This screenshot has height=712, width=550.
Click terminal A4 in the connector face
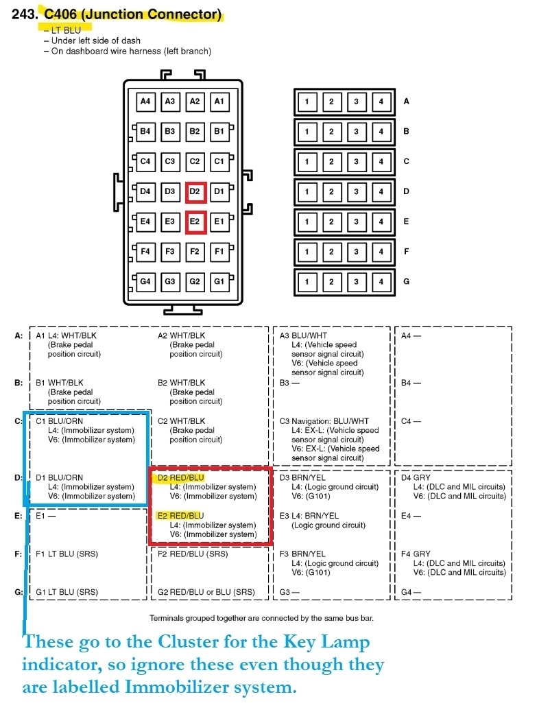coord(145,102)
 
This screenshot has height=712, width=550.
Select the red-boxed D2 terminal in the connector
coord(195,191)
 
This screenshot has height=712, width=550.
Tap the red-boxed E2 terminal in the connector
coord(195,222)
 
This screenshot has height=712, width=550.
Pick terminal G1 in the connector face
coord(219,281)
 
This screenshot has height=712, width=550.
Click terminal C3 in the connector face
coord(170,161)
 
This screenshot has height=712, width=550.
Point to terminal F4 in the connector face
coord(145,252)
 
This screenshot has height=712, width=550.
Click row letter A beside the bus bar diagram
coord(406,102)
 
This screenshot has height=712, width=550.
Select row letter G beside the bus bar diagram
coord(406,282)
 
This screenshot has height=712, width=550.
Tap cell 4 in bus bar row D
coord(381,192)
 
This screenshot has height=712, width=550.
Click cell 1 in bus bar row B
coord(307,132)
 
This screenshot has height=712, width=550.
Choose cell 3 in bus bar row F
coord(357,252)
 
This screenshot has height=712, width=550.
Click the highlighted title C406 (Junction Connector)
coord(133,14)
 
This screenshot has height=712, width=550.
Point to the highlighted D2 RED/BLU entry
coord(181,477)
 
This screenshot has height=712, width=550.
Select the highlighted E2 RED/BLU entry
coord(180,516)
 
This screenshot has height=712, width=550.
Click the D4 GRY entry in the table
coord(416,477)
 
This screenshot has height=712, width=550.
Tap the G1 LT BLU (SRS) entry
coord(67,592)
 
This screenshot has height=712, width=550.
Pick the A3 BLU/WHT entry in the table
coord(304,335)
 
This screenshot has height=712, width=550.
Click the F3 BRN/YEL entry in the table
coord(304,554)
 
